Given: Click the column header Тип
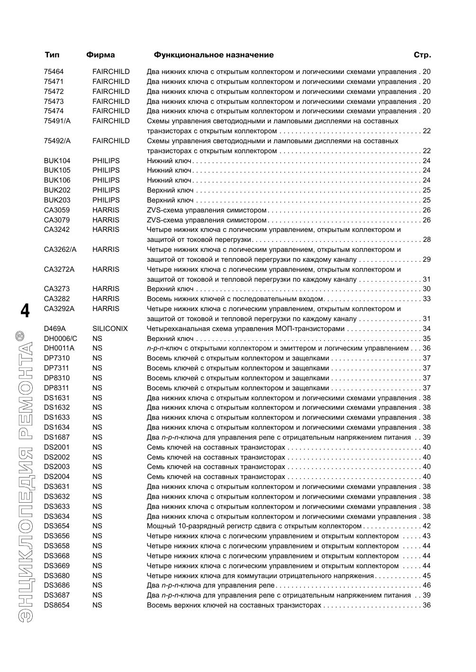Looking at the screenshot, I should pos(52,55).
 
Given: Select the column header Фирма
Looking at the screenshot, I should pos(100,55).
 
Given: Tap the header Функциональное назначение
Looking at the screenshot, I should pos(214,55).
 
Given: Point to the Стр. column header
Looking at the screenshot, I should pos(422,55).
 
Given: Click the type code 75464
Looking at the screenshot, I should pos(54,72).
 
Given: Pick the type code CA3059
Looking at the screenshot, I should pos(56,210).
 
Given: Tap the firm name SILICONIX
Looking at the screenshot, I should pos(110,329).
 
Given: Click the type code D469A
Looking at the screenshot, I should pos(54,329).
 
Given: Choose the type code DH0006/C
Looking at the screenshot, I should pos(60,339).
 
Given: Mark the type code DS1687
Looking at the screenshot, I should pos(56,437).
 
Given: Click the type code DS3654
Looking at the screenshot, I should pos(56,526).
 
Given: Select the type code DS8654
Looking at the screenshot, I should pos(56,605).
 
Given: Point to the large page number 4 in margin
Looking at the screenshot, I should pos(25,311).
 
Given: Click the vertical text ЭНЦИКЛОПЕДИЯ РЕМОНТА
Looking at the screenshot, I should pos(24,474).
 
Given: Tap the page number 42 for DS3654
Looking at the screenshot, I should pos(426,526).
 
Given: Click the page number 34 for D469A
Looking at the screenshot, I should pos(426,329).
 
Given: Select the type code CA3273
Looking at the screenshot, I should pos(56,289).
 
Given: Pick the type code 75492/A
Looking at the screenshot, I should pos(57,141).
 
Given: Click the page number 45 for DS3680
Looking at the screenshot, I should pos(426,576).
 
